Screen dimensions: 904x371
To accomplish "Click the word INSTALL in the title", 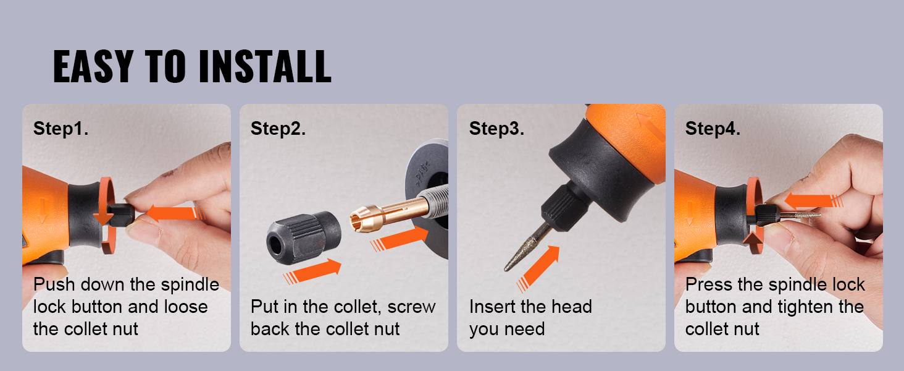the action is tap(265, 66).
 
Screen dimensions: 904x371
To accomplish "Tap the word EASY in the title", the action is tap(93, 66).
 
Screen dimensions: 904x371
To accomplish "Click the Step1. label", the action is tap(61, 129).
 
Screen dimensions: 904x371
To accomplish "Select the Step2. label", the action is tap(278, 129).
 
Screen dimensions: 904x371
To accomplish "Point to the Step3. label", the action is tap(496, 129).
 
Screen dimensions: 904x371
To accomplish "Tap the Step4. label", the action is tap(713, 129).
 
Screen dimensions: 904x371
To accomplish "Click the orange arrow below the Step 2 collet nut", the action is tap(312, 271).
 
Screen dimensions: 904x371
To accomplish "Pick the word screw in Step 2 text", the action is tap(411, 307).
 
